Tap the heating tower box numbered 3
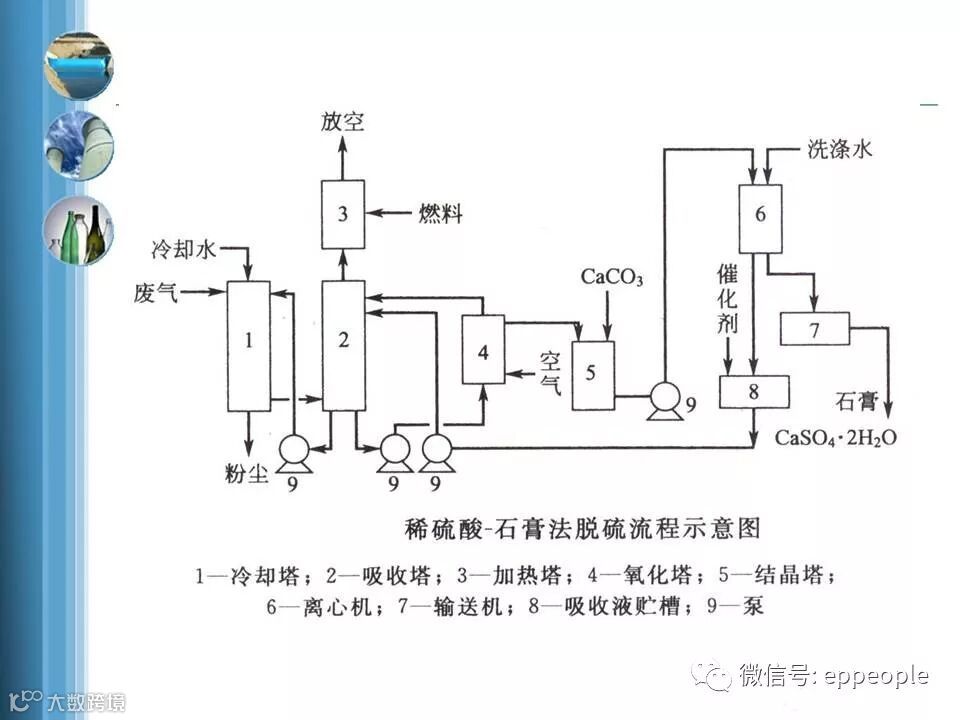[342, 214]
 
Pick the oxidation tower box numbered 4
[483, 349]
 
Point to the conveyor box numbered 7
[814, 329]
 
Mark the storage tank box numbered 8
[754, 391]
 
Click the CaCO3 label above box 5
[612, 276]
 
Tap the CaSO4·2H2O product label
[837, 438]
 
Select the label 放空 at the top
[343, 122]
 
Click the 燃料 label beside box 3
[441, 212]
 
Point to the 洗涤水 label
[840, 150]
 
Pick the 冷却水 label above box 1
[183, 248]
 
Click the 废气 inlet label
[156, 293]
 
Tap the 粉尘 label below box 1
[247, 474]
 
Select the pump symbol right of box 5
[663, 398]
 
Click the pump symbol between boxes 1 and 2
[294, 451]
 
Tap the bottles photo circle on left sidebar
[78, 230]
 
